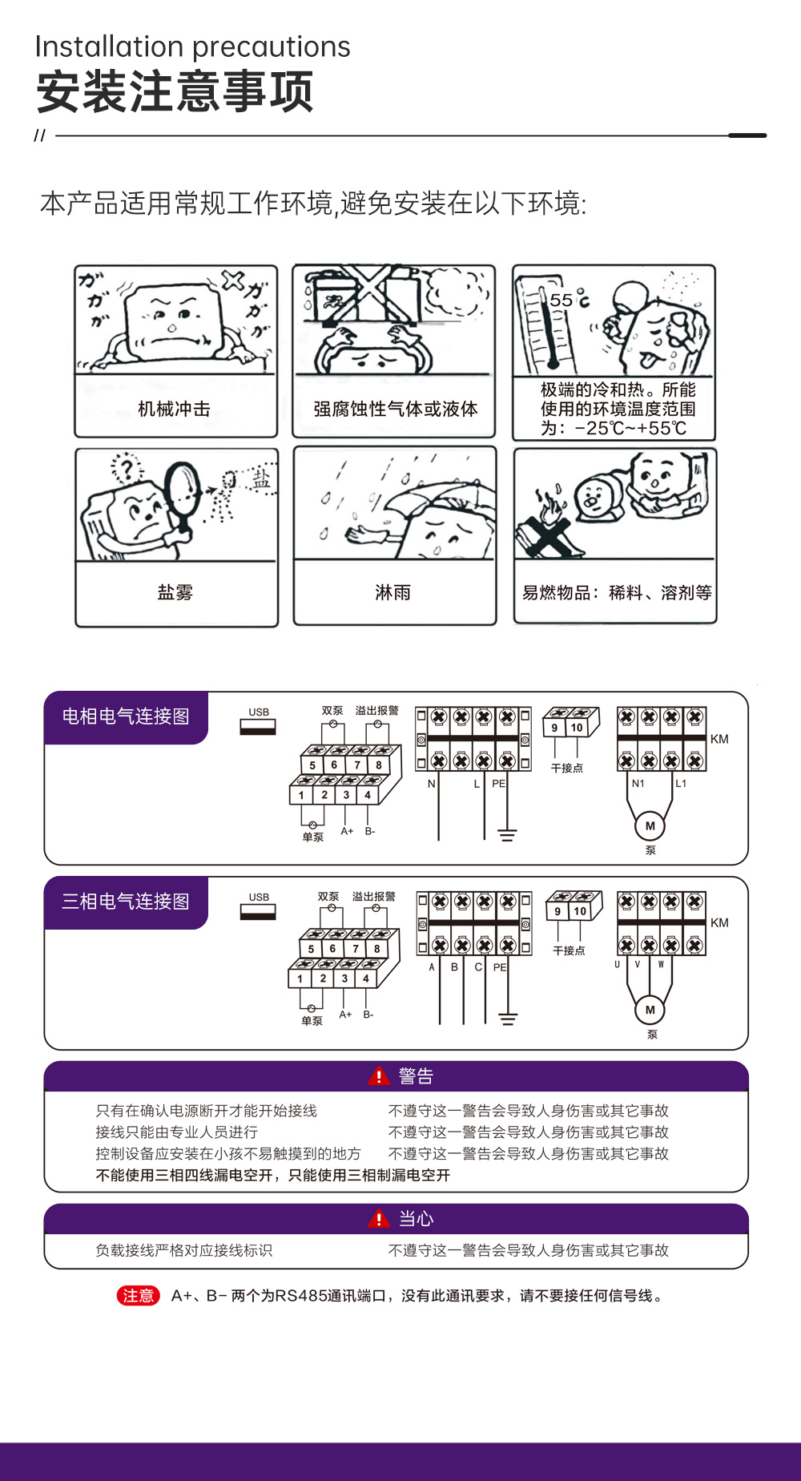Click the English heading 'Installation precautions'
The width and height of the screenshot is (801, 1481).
[x=193, y=47]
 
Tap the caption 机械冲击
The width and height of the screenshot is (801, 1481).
[x=175, y=409]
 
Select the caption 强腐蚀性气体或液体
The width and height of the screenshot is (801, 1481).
[x=395, y=409]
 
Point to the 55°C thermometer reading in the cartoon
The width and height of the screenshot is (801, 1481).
[x=569, y=300]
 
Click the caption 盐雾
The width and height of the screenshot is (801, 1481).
[x=175, y=592]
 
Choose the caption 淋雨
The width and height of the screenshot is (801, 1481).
[x=392, y=592]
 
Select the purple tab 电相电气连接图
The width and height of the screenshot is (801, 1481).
[x=126, y=716]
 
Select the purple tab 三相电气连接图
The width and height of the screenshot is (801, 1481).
[x=126, y=902]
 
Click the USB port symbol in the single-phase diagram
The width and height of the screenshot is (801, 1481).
[x=258, y=726]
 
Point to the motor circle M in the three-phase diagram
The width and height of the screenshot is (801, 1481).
[x=650, y=1010]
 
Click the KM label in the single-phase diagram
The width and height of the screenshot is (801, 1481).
[x=719, y=739]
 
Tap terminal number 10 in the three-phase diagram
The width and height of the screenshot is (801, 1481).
[x=580, y=911]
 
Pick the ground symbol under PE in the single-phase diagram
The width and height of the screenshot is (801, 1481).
[x=507, y=834]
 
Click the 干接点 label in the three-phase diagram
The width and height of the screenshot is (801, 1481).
[x=569, y=950]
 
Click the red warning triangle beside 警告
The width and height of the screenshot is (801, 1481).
[x=379, y=1076]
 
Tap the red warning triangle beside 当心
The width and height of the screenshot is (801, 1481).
[x=379, y=1219]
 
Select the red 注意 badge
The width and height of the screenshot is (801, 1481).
[x=139, y=1296]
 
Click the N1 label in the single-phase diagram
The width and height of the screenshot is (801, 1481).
[x=638, y=783]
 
